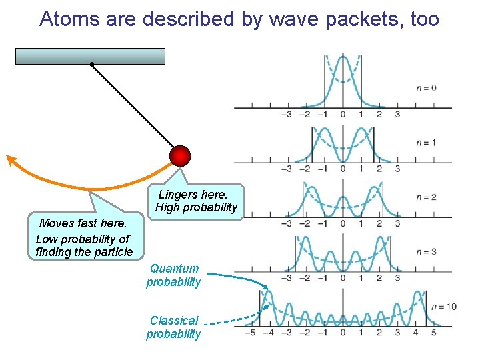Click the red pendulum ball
click(x=179, y=155)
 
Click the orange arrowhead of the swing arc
click(x=11, y=159)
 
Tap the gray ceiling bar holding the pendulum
click(x=90, y=56)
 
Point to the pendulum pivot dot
click(x=91, y=65)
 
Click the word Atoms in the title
click(x=65, y=19)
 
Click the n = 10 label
click(x=443, y=307)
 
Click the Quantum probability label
click(x=173, y=275)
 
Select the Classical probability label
click(x=173, y=327)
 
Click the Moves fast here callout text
click(x=83, y=238)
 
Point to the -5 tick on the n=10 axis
click(x=249, y=332)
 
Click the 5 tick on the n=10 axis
click(x=433, y=332)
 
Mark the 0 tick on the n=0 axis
click(x=342, y=114)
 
